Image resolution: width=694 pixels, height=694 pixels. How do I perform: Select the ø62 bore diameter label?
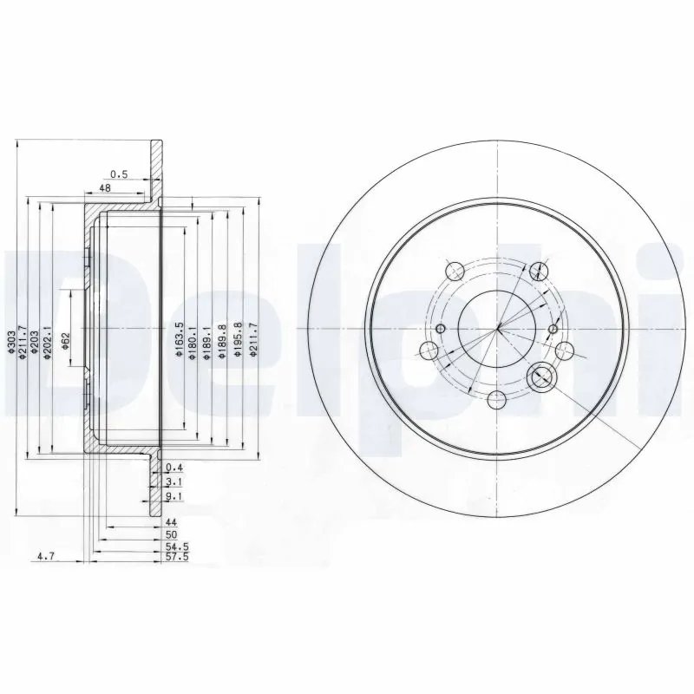[x=65, y=336]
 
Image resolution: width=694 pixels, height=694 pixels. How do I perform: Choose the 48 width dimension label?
[x=104, y=187]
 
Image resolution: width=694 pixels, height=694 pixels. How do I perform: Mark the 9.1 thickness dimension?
[x=172, y=496]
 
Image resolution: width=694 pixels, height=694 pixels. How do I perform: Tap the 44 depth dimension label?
[x=171, y=523]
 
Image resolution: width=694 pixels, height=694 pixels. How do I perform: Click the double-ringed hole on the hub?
[x=540, y=376]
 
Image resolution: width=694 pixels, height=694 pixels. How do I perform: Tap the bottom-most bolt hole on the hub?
[x=496, y=400]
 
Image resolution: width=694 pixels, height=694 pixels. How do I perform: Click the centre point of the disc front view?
[x=498, y=329]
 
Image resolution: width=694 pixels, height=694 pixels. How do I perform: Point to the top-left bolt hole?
[x=452, y=269]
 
